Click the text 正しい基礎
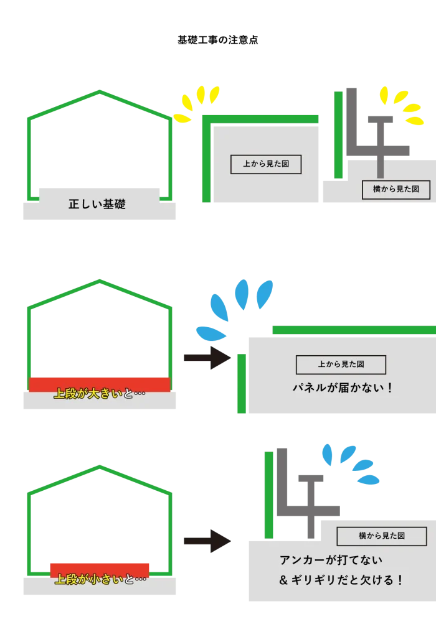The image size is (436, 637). click(97, 204)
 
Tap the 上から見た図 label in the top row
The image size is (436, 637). click(266, 164)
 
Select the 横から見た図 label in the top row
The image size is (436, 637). click(396, 190)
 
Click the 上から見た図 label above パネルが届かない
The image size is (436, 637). click(341, 365)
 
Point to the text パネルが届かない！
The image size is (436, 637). click(344, 388)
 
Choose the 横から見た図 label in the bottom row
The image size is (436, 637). click(382, 536)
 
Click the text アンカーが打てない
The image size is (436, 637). click(331, 560)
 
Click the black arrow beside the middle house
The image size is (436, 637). click(206, 358)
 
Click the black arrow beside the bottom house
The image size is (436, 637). click(206, 542)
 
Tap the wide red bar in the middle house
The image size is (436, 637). click(100, 383)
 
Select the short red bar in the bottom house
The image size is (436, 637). click(100, 568)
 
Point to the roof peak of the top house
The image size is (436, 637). click(100, 93)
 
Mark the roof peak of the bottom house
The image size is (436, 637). click(100, 466)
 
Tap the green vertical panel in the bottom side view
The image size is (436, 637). click(269, 495)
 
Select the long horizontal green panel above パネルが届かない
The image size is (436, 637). click(353, 329)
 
